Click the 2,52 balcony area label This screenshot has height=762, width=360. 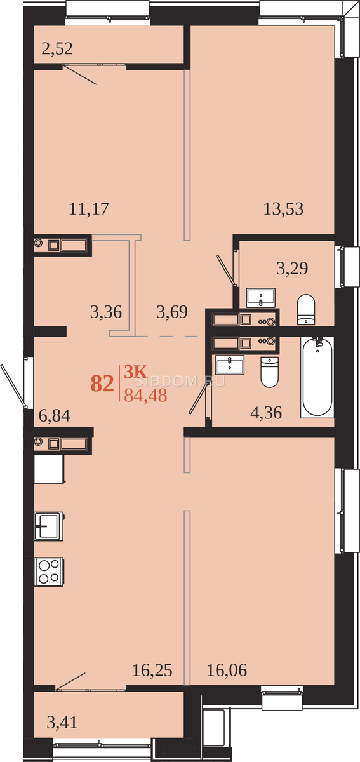[x=57, y=48]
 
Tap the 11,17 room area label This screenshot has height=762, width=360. [x=89, y=208]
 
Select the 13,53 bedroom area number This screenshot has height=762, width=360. [x=283, y=208]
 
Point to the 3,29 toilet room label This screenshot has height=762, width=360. [x=292, y=268]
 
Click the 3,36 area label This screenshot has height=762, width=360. [x=106, y=312]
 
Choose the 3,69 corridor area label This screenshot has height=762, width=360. [x=172, y=312]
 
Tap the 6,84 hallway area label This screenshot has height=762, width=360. [x=55, y=415]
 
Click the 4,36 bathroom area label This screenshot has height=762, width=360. [x=266, y=413]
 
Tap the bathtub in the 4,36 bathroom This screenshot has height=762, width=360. [x=317, y=377]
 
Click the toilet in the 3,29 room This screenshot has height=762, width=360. [x=306, y=310]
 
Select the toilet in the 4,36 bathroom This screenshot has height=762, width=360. [x=269, y=372]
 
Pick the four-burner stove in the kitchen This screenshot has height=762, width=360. [x=50, y=571]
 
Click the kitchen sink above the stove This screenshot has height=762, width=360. [x=49, y=526]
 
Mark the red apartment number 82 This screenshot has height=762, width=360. [x=102, y=384]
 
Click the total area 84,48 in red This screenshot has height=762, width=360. [x=145, y=395]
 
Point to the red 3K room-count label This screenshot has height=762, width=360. [x=135, y=372]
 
